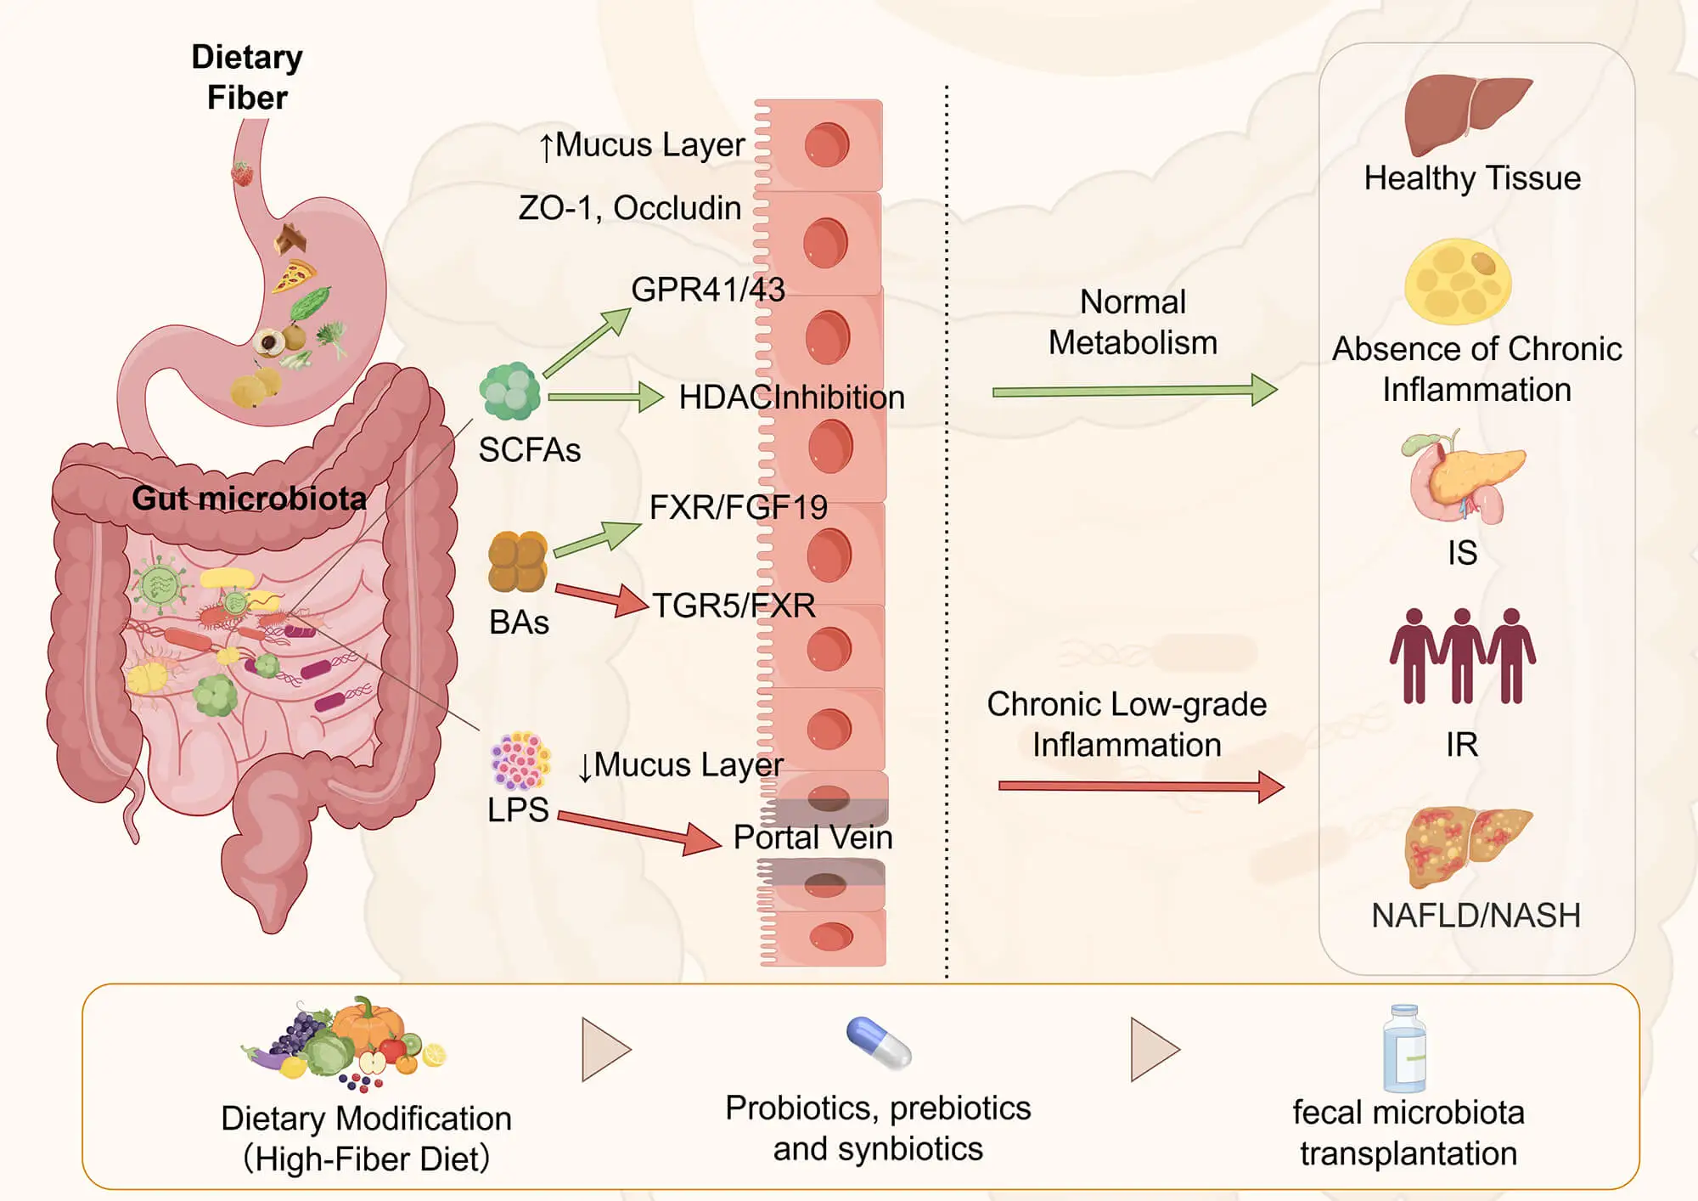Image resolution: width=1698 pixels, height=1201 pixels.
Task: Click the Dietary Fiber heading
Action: tap(246, 77)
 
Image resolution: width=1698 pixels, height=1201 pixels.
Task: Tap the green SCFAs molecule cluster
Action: tap(509, 392)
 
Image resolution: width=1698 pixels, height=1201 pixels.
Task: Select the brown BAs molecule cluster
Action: tap(517, 561)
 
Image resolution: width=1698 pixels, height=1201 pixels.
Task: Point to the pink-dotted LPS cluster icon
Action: tap(520, 760)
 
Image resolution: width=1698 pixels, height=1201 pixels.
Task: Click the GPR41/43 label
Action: tap(707, 290)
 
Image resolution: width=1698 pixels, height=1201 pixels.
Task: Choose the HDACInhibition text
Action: tap(791, 398)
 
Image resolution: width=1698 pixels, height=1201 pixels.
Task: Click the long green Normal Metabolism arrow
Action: tap(1133, 391)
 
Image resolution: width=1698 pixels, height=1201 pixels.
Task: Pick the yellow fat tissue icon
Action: tap(1458, 281)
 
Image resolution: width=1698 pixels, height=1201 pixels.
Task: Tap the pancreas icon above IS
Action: tap(1461, 477)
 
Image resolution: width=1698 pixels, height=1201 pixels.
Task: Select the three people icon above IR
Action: tap(1462, 656)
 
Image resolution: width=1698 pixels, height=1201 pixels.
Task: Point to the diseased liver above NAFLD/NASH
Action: tap(1466, 844)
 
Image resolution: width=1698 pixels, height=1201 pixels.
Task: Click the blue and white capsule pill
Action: tap(879, 1043)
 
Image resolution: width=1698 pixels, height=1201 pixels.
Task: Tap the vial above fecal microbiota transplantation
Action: tap(1404, 1049)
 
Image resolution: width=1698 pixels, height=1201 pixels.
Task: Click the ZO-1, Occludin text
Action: tap(629, 208)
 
